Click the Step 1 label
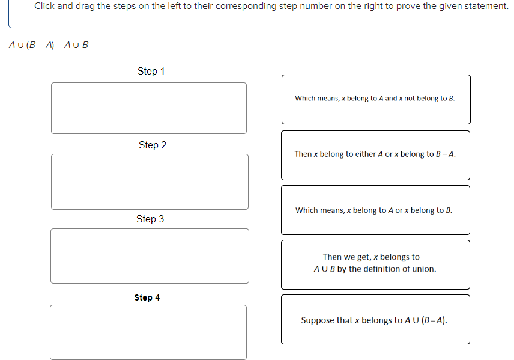click(151, 71)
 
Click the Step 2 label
click(153, 145)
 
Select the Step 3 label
click(150, 219)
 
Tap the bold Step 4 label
click(147, 297)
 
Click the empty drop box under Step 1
click(149, 108)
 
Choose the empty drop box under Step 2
click(150, 182)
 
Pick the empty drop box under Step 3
click(150, 255)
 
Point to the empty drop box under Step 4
click(148, 332)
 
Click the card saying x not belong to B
click(375, 99)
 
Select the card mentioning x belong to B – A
click(375, 154)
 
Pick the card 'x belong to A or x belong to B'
click(375, 210)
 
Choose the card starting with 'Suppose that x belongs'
click(375, 320)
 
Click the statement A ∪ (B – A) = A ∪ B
click(49, 45)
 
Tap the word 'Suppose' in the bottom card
click(318, 320)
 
